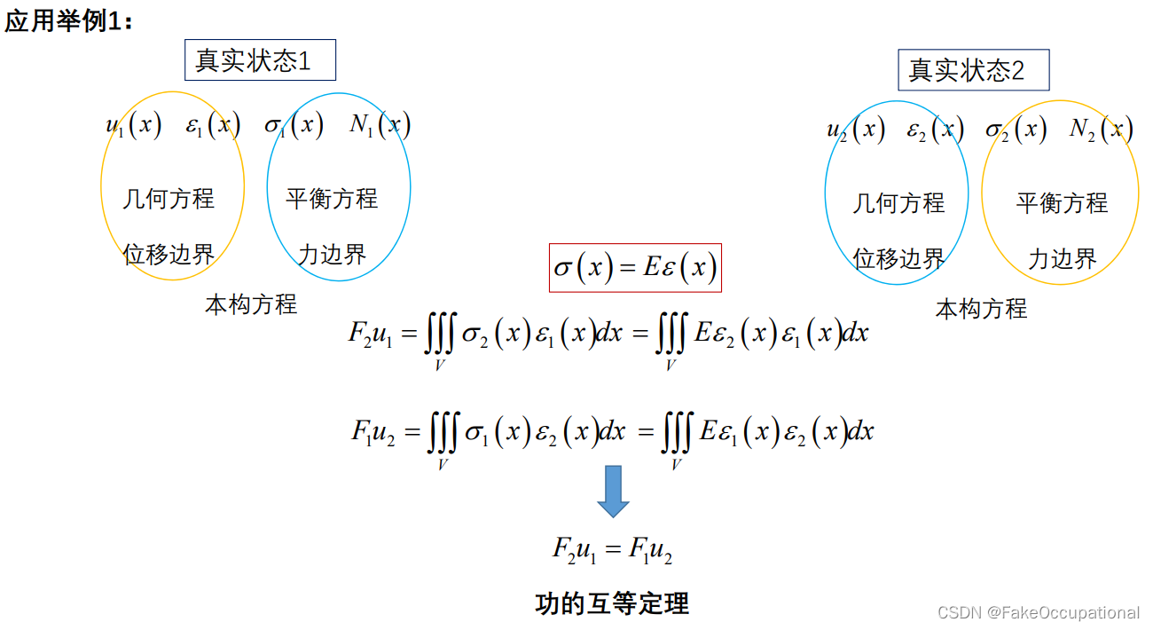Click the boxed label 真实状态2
[973, 70]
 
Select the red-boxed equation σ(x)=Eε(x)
[635, 267]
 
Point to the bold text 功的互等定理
[612, 604]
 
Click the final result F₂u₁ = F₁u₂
[612, 550]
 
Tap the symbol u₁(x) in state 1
[134, 125]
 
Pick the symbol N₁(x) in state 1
[380, 125]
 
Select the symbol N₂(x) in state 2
[1101, 130]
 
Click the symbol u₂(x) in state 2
[856, 130]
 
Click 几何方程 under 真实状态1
[169, 198]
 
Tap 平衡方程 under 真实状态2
[1062, 203]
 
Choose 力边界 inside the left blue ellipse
[332, 255]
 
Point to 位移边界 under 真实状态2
[898, 259]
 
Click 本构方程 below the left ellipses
[251, 305]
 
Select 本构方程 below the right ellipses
[981, 309]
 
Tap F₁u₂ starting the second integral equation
[373, 432]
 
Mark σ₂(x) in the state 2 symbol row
[1016, 130]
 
